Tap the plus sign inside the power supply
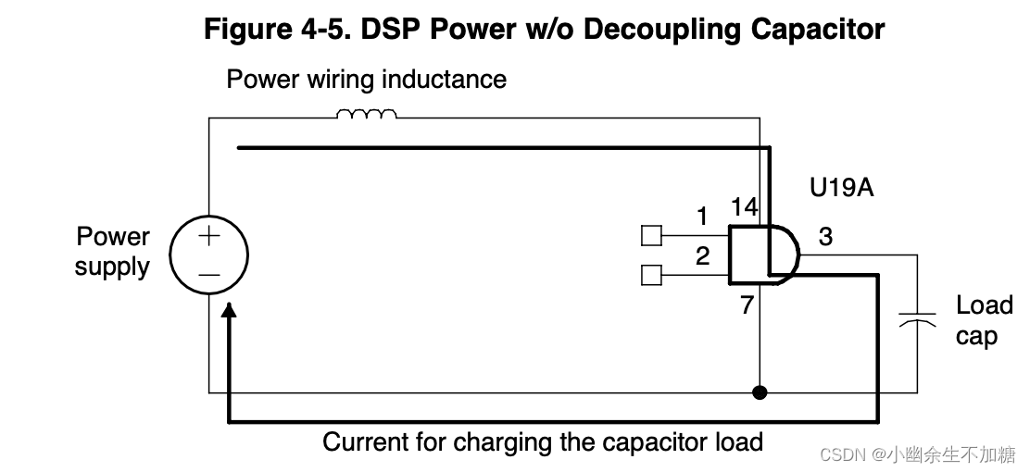click(x=209, y=236)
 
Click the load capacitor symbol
click(x=917, y=320)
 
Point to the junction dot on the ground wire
click(x=760, y=392)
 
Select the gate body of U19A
click(x=757, y=254)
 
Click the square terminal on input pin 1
click(x=651, y=236)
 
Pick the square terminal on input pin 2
click(x=651, y=274)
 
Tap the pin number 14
click(x=744, y=206)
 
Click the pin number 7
click(x=747, y=304)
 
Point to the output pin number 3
click(x=825, y=237)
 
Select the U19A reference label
click(x=841, y=188)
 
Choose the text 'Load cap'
click(x=983, y=320)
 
